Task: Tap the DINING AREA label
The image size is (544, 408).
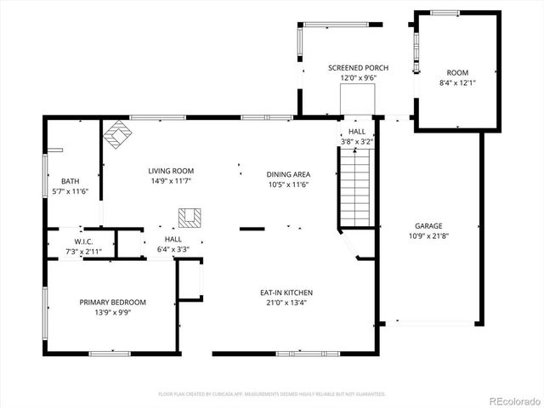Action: click(287, 174)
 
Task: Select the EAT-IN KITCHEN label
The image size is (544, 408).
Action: click(286, 292)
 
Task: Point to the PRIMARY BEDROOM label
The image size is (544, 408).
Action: click(113, 302)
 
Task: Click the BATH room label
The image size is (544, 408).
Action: click(70, 181)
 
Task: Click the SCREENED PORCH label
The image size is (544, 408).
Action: click(358, 67)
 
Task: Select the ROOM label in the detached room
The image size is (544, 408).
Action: click(457, 73)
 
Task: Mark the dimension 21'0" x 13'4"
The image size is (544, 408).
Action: click(286, 302)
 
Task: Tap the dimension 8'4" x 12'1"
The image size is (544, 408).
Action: click(457, 82)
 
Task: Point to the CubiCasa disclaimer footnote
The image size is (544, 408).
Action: click(272, 394)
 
